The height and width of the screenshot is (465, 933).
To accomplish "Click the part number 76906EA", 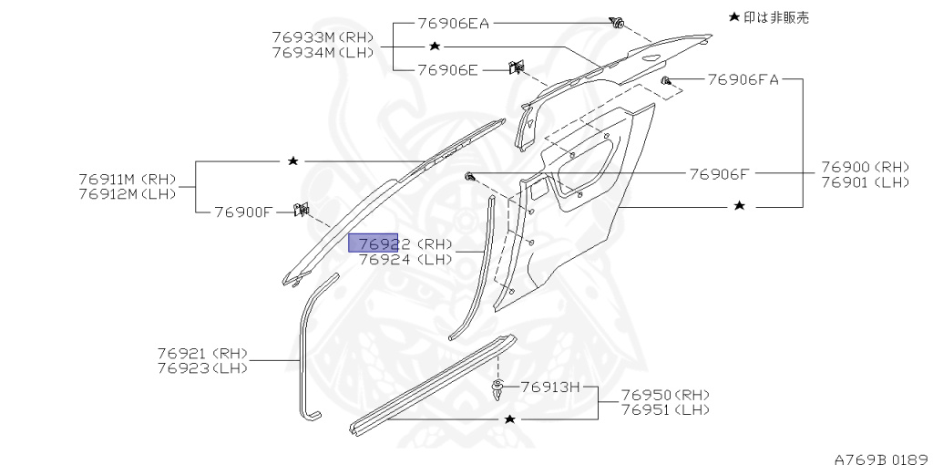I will click(x=454, y=24).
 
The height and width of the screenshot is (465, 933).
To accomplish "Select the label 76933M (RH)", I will click(x=323, y=37).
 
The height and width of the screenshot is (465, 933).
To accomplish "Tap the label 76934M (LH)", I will click(x=323, y=52).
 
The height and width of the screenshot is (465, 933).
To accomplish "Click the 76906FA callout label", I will click(x=743, y=80).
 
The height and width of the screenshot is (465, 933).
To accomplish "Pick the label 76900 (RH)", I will click(x=865, y=167).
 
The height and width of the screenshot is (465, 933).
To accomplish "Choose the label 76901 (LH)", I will click(x=865, y=182).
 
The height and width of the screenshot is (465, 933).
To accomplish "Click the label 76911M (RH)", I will click(x=127, y=179).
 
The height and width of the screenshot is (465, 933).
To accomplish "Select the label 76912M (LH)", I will click(x=127, y=193).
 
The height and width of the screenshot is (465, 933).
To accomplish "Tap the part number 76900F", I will click(x=243, y=212).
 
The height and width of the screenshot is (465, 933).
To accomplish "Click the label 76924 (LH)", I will click(x=405, y=259).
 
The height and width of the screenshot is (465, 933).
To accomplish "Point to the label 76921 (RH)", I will click(x=202, y=353).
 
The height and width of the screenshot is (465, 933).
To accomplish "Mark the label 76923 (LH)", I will click(x=202, y=367).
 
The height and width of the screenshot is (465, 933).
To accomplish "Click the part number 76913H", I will click(x=550, y=387).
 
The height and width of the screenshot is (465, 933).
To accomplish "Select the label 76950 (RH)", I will click(x=666, y=395).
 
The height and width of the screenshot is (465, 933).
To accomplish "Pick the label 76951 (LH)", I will click(x=666, y=410).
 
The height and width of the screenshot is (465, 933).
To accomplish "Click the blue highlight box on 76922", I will click(x=373, y=243).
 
